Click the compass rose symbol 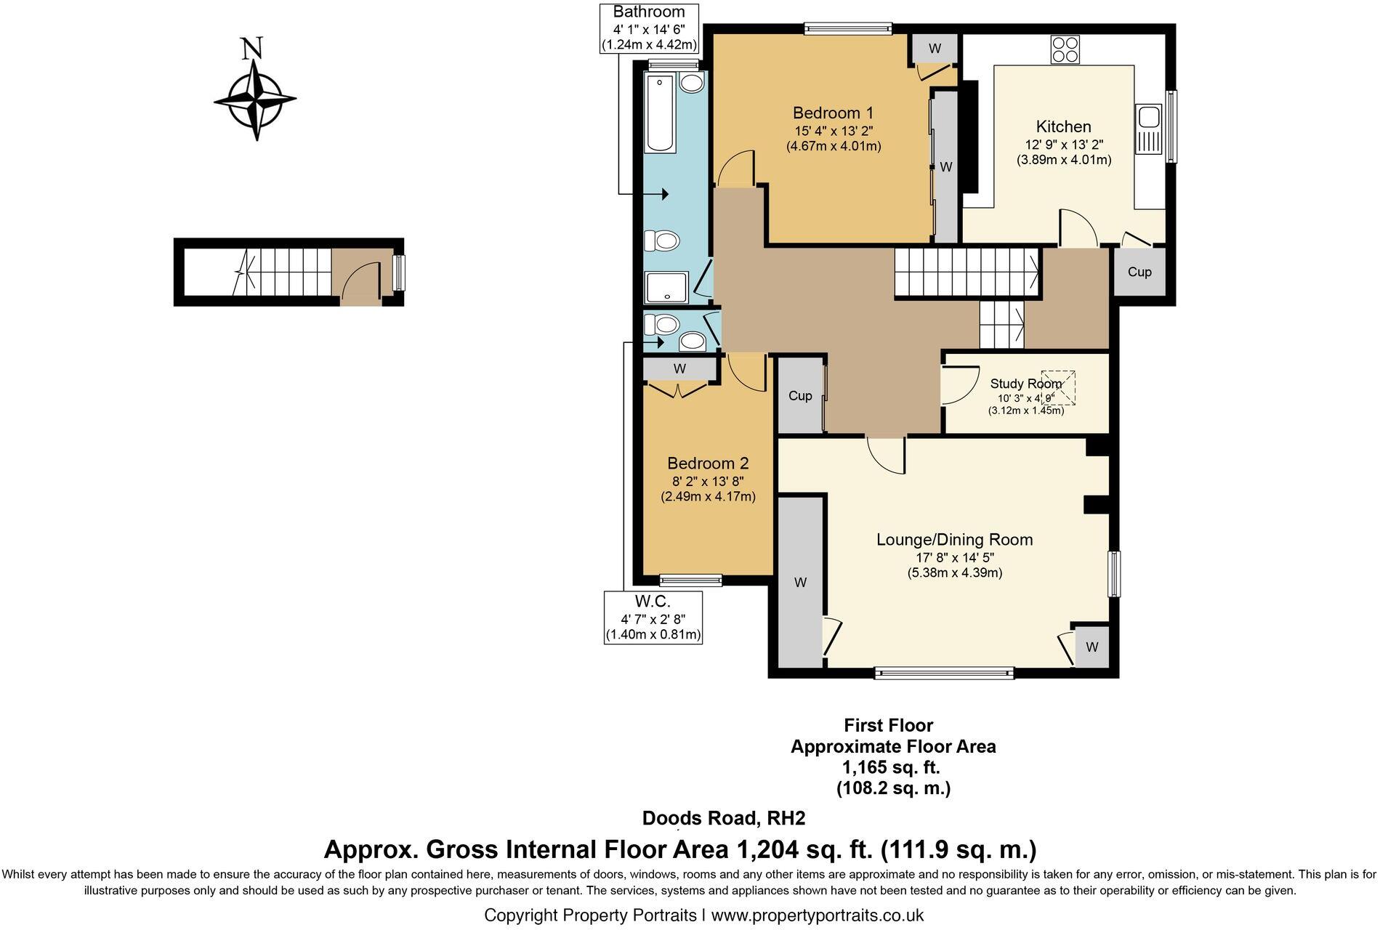pos(255,100)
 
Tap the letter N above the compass pos(252,49)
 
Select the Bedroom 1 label pos(833,113)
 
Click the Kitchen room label pos(1063,126)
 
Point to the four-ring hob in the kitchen pos(1065,49)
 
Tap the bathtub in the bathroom pos(661,112)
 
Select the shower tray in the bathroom pos(666,288)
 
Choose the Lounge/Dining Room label pos(954,540)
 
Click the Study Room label pos(1025,384)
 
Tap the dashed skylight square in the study pos(1058,387)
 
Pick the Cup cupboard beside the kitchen pos(1139,272)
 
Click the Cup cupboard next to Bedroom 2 pos(800,395)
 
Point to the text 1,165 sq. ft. pos(891,767)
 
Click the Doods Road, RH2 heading pos(724,818)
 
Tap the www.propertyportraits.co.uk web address pos(817,915)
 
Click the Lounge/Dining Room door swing pos(886,456)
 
